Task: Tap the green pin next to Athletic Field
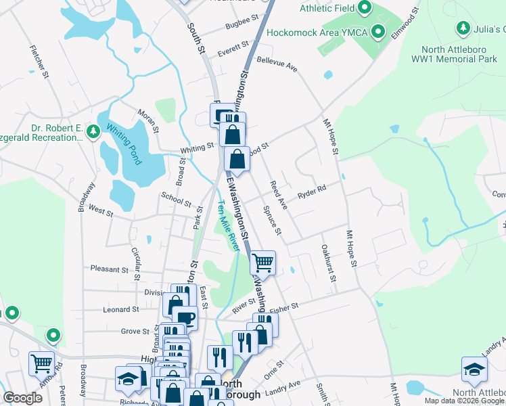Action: click(x=364, y=8)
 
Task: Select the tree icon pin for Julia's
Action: click(x=463, y=28)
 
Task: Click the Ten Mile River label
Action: click(x=229, y=226)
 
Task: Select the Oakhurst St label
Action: click(x=329, y=265)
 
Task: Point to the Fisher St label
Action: click(x=284, y=308)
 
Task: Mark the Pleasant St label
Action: click(x=109, y=269)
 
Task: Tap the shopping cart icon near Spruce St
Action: click(x=262, y=262)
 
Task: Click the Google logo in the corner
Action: click(x=22, y=398)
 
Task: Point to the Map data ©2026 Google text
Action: click(x=464, y=401)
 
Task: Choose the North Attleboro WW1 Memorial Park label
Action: click(x=459, y=54)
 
